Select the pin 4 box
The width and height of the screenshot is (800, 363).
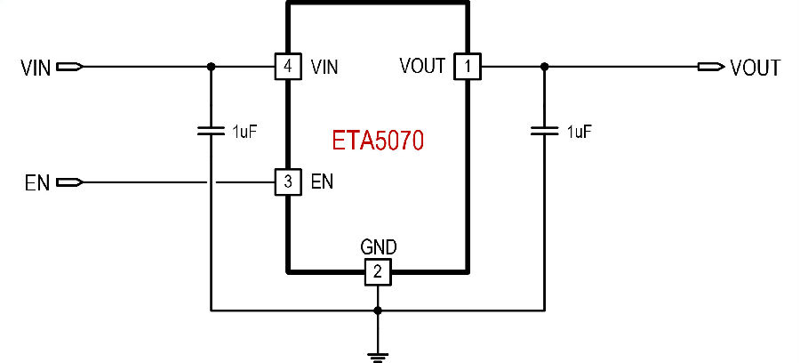286,67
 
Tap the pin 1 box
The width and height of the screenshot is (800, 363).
466,67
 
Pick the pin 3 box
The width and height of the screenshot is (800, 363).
286,183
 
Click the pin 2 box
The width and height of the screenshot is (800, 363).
378,272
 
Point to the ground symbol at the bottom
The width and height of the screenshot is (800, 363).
378,356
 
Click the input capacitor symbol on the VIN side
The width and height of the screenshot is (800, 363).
211,131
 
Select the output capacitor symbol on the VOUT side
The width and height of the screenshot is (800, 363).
544,131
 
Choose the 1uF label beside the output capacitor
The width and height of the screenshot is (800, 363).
579,132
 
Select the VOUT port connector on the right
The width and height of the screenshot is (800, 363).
711,67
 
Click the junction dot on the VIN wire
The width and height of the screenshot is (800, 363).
211,67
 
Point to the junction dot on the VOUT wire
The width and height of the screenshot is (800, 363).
544,67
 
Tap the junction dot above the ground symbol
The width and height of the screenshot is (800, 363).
378,311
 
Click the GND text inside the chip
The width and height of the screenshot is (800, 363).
378,246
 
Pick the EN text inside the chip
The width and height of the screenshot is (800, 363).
321,183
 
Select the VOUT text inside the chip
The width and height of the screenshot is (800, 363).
422,67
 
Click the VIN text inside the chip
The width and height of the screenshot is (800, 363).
324,67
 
